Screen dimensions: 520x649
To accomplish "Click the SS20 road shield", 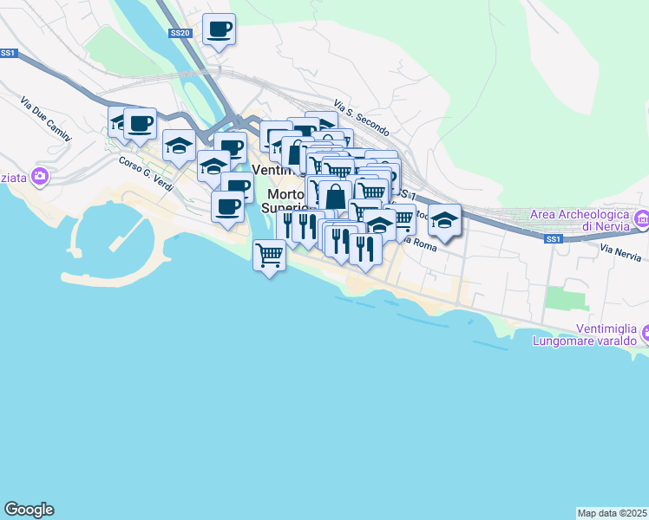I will click(x=179, y=34).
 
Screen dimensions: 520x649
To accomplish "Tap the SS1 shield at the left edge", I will click(x=9, y=53).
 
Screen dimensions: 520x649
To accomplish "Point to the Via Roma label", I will click(x=423, y=246).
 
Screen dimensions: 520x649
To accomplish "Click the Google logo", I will click(x=29, y=510).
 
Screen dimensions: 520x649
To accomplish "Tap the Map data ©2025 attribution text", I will click(x=612, y=513).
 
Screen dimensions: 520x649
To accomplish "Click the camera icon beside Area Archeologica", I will click(x=642, y=218).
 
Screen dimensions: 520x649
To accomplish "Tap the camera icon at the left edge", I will click(x=39, y=177).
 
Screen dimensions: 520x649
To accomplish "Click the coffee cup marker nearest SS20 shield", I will click(x=219, y=29).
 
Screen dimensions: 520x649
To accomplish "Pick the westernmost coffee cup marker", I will click(x=140, y=122).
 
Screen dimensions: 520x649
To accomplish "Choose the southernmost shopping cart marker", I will click(x=270, y=255).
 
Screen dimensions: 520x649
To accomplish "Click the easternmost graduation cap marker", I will click(x=445, y=220).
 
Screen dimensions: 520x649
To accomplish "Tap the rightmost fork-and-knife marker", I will click(x=365, y=248).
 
